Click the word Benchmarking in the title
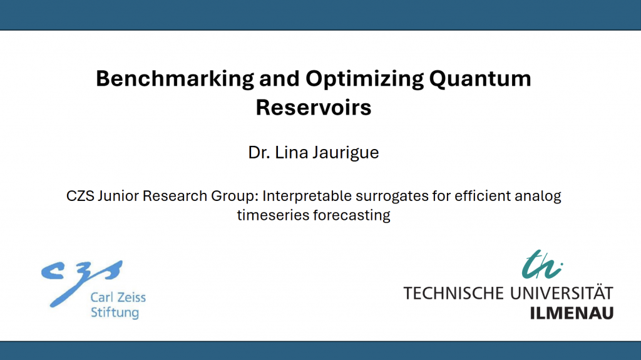tap(175, 79)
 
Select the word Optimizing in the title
tap(365, 79)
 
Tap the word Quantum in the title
tap(480, 78)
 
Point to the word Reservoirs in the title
tap(314, 108)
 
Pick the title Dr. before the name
tap(259, 153)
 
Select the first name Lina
tap(291, 153)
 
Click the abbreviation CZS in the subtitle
tap(80, 196)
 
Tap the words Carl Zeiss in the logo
tap(118, 297)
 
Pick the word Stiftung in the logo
tap(115, 313)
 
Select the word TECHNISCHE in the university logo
tap(454, 293)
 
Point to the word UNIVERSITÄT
tap(562, 292)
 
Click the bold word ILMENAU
tap(572, 314)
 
